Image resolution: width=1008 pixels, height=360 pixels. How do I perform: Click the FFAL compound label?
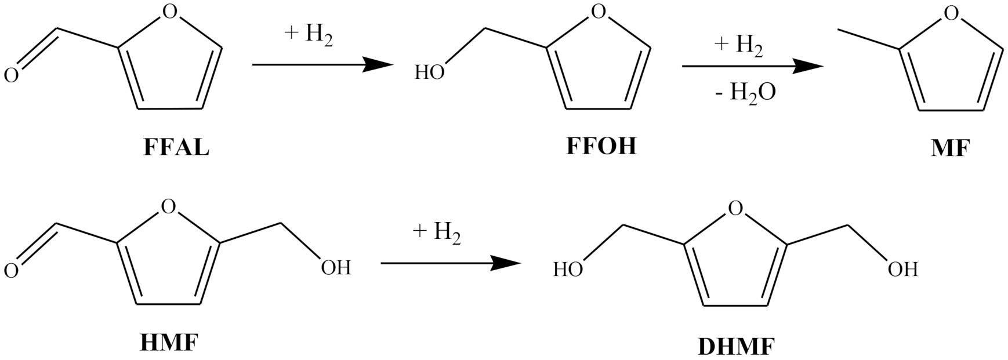pyautogui.click(x=176, y=148)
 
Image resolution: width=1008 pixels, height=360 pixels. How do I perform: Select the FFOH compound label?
pyautogui.click(x=601, y=146)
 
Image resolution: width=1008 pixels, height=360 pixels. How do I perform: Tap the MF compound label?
pyautogui.click(x=950, y=149)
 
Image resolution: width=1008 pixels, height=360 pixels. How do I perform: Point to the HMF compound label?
pyautogui.click(x=169, y=343)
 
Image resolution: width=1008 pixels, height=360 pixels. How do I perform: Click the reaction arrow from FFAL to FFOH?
pyautogui.click(x=319, y=64)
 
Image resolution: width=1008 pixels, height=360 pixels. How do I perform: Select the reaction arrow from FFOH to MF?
pyautogui.click(x=752, y=67)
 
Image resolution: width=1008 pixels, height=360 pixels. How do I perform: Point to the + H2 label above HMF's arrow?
pyautogui.click(x=437, y=233)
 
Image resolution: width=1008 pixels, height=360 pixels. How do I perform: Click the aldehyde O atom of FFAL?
pyautogui.click(x=11, y=75)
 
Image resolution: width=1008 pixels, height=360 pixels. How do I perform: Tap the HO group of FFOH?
pyautogui.click(x=430, y=72)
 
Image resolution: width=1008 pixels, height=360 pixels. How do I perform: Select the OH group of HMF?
pyautogui.click(x=336, y=267)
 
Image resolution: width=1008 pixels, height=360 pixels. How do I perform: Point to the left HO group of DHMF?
pyautogui.click(x=568, y=270)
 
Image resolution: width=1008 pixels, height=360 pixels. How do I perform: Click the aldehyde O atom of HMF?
pyautogui.click(x=11, y=270)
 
